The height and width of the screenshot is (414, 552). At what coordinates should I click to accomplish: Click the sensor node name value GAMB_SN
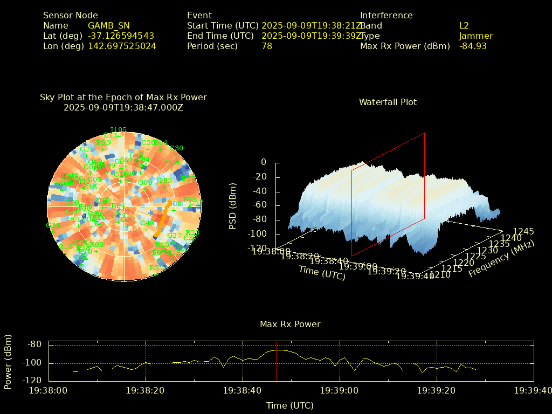[x=108, y=26]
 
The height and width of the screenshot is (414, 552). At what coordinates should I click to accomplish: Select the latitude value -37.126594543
[x=121, y=36]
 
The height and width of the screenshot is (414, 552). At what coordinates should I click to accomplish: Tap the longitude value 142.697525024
[x=122, y=46]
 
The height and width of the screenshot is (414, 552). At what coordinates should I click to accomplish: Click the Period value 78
[x=267, y=46]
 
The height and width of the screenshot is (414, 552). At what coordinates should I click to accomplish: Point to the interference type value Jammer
[x=476, y=36]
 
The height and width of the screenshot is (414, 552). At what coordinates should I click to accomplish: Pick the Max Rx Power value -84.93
[x=473, y=46]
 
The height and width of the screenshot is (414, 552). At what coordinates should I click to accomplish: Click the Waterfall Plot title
[x=388, y=102]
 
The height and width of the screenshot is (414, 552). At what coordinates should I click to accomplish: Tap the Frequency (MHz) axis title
[x=501, y=259]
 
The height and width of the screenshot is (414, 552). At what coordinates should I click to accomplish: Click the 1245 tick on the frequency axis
[x=523, y=232]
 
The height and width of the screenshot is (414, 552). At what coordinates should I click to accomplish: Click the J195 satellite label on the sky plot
[x=118, y=130]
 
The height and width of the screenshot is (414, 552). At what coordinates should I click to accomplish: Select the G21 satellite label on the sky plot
[x=53, y=225]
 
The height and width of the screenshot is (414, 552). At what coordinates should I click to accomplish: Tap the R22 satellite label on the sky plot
[x=156, y=268]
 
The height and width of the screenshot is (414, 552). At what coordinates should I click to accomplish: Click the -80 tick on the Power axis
[x=35, y=344]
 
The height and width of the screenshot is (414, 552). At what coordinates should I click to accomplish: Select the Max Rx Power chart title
[x=290, y=325]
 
